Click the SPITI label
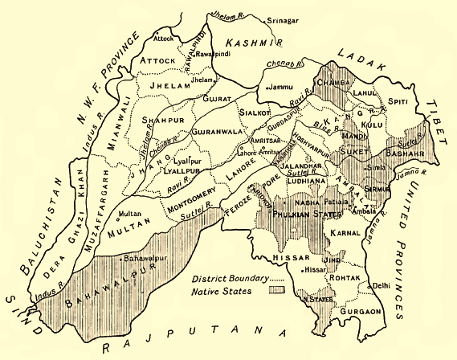(x=398, y=101)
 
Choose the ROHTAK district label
(x=349, y=280)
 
